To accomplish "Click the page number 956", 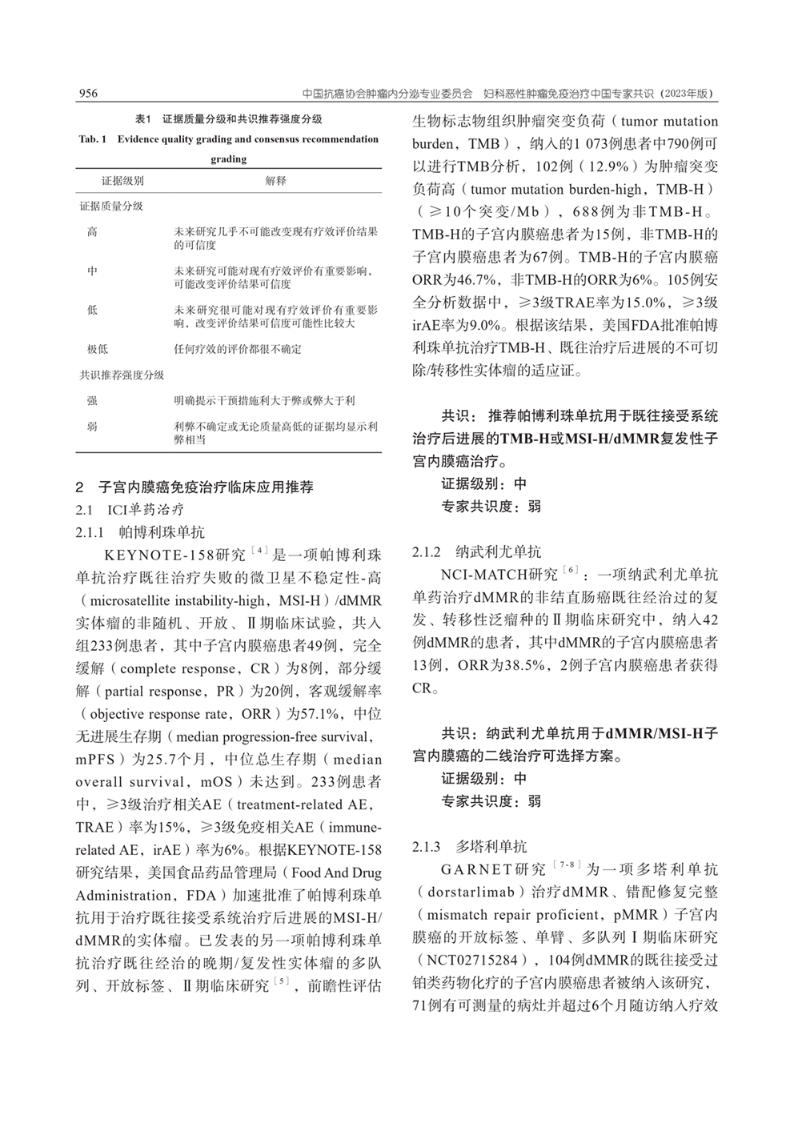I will point(87,94).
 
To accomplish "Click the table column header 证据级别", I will point(122,181).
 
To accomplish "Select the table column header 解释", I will point(275,181).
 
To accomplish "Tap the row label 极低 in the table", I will point(98,349).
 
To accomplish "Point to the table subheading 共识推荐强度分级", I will point(122,375).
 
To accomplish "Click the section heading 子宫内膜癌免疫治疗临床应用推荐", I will point(206,487).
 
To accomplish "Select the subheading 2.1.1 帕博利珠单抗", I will point(140,531).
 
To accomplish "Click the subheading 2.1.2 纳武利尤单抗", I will point(476,551).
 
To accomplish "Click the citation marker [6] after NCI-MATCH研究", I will point(570,570).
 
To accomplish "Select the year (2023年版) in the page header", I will point(686,94).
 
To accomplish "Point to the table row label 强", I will point(93,400).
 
